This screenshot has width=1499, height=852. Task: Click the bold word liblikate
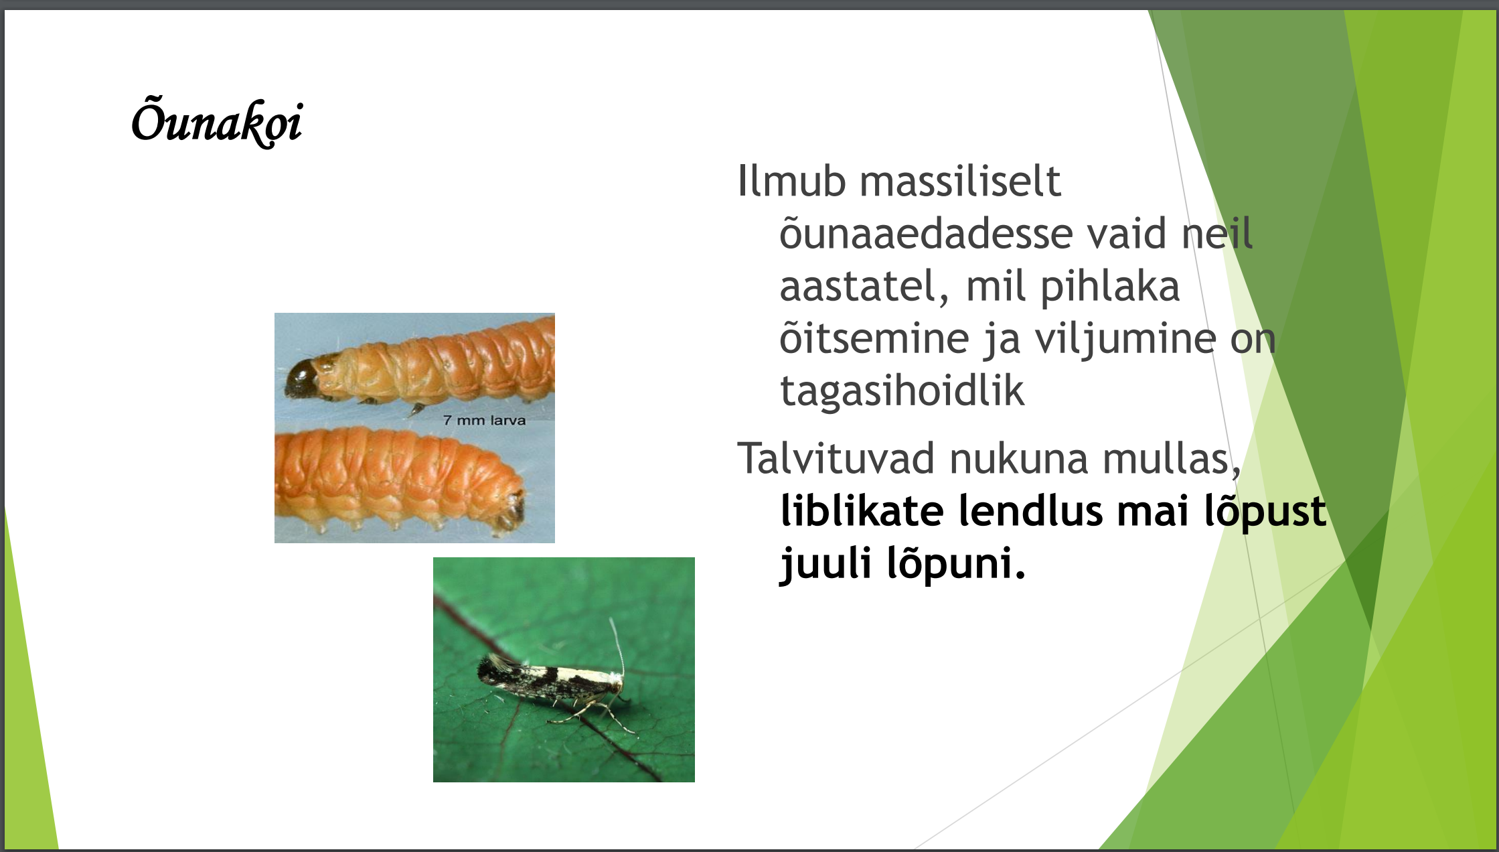[862, 510]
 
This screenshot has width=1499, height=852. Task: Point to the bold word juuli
[825, 564]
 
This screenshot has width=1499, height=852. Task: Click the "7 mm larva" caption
[484, 421]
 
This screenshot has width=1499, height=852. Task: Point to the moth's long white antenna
[617, 646]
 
